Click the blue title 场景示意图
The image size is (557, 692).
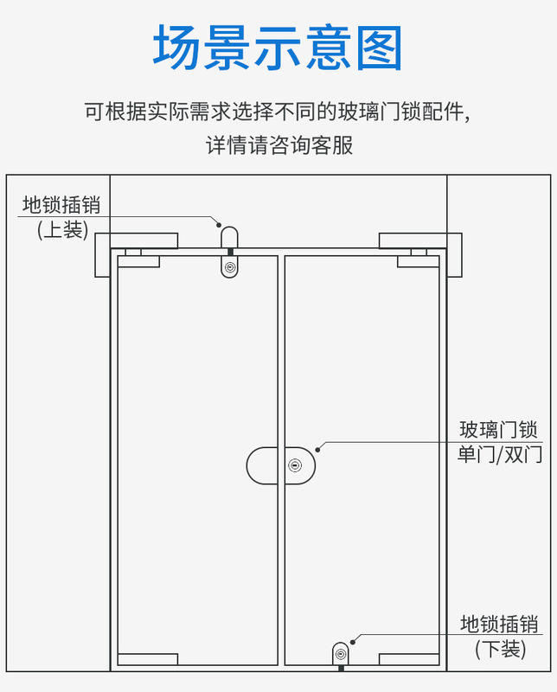tap(278, 48)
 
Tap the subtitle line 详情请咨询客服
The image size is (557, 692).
tap(278, 144)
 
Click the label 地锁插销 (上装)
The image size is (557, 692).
tap(61, 217)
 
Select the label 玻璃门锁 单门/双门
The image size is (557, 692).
tap(499, 441)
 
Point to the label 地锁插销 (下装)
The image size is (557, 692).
tap(499, 636)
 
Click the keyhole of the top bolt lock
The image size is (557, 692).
tap(229, 267)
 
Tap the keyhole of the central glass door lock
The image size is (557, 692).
tap(297, 466)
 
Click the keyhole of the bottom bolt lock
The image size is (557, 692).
tap(341, 653)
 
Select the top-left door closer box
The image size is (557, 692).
tap(137, 240)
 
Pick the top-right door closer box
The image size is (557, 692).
tap(421, 240)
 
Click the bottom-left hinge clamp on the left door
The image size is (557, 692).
tap(148, 659)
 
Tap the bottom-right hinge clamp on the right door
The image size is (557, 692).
tap(409, 659)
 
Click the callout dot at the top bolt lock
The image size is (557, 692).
tap(220, 220)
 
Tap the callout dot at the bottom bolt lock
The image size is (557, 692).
tap(352, 639)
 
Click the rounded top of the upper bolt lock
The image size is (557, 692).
tap(229, 235)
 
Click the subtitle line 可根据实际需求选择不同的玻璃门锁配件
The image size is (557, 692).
tap(278, 112)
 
